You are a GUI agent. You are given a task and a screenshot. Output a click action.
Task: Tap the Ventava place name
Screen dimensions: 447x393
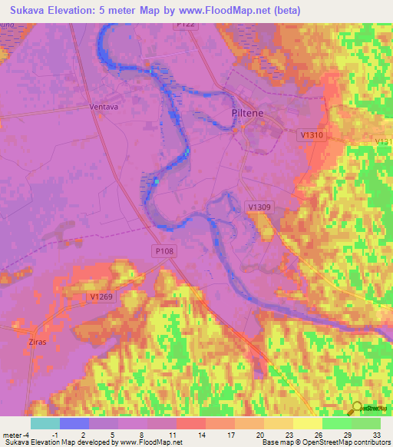click(104, 107)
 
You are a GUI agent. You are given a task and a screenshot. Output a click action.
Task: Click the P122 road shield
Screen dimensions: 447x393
click(186, 25)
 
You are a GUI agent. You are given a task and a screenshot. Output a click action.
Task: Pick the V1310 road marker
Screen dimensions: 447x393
click(311, 134)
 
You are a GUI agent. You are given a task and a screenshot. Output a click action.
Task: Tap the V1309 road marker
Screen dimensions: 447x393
click(259, 207)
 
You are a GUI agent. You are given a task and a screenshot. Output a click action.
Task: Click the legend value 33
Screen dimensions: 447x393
click(375, 433)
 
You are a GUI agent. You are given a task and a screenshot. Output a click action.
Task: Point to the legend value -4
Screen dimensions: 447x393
click(26, 433)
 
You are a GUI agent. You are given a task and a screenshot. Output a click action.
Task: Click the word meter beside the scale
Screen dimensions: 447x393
click(11, 433)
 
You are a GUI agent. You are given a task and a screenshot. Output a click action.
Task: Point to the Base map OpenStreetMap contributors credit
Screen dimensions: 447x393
click(325, 442)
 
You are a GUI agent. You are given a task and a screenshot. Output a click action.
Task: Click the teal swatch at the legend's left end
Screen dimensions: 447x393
click(45, 423)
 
